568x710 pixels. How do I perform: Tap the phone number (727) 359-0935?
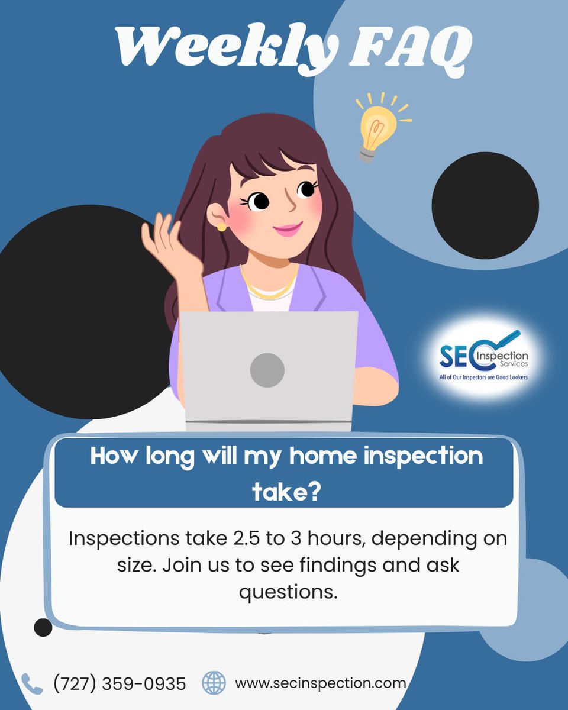point(120,684)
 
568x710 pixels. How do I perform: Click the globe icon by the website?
point(214,683)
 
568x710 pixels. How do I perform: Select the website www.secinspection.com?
point(320,683)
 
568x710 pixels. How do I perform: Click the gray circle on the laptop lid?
point(267,370)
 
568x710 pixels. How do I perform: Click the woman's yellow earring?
point(221,227)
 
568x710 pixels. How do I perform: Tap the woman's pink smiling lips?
point(288,228)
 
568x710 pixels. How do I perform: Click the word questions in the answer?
point(288,591)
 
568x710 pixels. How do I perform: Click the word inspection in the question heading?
point(413,457)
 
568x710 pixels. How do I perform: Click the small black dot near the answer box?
point(43,627)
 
